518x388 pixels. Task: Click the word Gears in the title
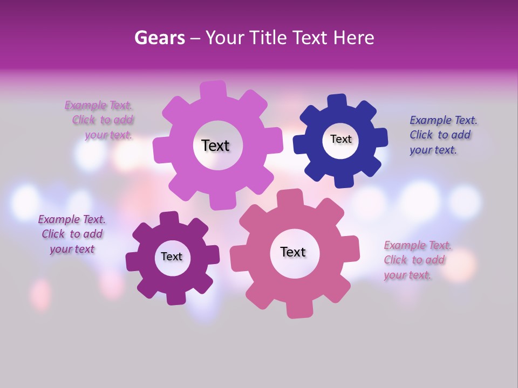tap(159, 38)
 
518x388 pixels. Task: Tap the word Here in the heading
tap(354, 38)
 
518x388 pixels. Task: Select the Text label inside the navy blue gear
tap(340, 139)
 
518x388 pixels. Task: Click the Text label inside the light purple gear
tap(215, 145)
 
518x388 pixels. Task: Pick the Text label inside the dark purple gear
tap(172, 257)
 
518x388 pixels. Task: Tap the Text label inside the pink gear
tap(293, 252)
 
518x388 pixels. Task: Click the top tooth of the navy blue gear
tap(337, 101)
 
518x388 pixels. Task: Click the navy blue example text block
tap(442, 135)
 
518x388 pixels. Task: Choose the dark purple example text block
tap(72, 234)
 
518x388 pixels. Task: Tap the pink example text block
tap(417, 260)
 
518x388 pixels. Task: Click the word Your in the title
tap(223, 38)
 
